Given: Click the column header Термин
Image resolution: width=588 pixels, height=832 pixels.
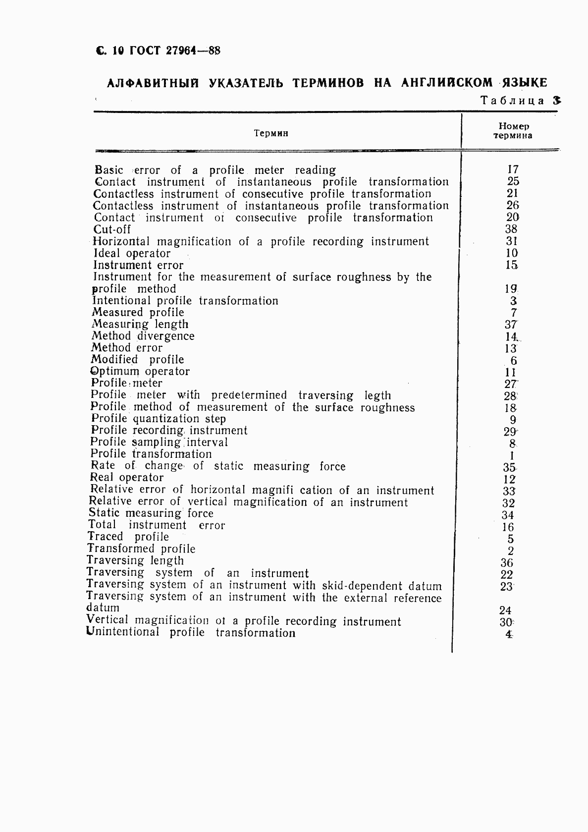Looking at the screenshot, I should point(270,133).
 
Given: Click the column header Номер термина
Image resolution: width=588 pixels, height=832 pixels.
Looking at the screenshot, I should point(513,131).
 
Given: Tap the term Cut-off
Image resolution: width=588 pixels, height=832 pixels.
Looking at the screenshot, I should point(112,229).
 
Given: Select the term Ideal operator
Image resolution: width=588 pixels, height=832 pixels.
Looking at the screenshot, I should point(132,253).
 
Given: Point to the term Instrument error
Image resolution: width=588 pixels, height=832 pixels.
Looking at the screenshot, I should point(138,265).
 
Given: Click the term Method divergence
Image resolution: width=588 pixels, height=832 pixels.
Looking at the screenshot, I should point(143,336).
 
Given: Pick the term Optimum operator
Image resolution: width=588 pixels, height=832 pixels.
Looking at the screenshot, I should point(140,371).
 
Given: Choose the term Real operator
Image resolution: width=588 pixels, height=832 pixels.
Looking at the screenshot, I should point(127,478).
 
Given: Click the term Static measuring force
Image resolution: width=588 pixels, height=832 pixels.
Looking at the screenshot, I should point(151,513).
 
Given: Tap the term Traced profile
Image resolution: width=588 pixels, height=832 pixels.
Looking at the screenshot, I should point(128,537).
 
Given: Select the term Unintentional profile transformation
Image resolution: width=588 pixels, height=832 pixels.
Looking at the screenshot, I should point(191,633).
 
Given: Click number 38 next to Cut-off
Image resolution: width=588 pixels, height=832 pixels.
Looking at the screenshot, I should point(511,229).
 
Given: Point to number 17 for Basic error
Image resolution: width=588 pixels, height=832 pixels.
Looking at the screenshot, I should point(513,169).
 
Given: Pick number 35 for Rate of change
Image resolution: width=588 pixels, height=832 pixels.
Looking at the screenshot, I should point(509,467).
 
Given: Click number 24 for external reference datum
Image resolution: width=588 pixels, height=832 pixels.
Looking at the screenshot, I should point(505,610).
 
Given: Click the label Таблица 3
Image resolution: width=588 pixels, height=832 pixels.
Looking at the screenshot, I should point(521,101).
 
